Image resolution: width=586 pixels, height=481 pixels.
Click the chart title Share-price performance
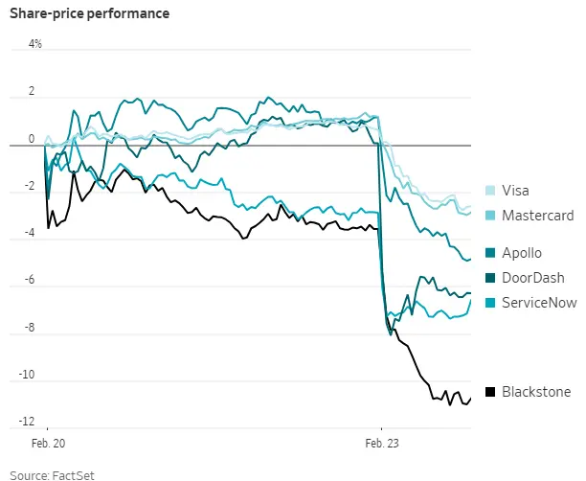(x=77, y=14)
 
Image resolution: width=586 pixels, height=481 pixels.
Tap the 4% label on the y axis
(x=35, y=45)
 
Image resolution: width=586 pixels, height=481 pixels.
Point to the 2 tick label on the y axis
(x=32, y=92)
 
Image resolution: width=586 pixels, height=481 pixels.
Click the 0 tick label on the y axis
(x=32, y=139)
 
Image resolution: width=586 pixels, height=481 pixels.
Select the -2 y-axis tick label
(x=30, y=186)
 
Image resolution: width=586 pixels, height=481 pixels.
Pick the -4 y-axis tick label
(x=30, y=233)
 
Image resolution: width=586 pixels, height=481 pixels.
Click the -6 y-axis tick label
(x=30, y=280)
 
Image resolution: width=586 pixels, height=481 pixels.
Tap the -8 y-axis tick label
(x=30, y=328)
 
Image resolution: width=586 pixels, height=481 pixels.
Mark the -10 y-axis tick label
(x=28, y=375)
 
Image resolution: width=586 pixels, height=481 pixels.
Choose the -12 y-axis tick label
(x=28, y=422)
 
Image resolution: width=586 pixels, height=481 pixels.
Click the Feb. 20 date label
(x=47, y=444)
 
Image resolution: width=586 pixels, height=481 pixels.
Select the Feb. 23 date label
(x=382, y=444)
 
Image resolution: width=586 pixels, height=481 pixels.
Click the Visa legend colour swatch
(x=491, y=191)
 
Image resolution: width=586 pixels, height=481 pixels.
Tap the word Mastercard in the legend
(x=538, y=216)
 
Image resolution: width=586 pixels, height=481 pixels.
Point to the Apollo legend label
(x=523, y=253)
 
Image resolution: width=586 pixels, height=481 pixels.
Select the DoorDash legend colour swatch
(x=491, y=278)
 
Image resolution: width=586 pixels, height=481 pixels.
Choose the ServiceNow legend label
(x=538, y=303)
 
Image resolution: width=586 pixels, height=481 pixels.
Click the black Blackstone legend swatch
(x=491, y=391)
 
